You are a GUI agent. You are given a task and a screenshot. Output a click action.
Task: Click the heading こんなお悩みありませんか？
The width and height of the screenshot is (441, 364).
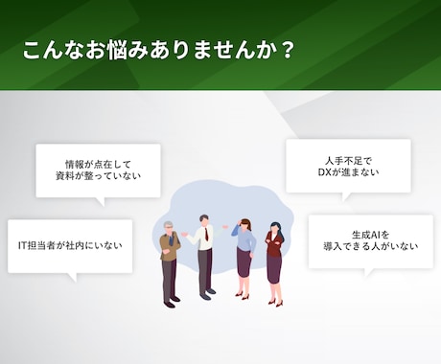pos(159,51)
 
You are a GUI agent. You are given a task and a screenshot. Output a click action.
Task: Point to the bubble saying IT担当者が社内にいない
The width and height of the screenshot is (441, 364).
pos(69,245)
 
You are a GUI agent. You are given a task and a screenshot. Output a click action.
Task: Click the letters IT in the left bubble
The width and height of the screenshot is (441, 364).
pos(24,245)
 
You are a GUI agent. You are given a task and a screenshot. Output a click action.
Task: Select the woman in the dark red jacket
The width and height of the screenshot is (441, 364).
pos(275,262)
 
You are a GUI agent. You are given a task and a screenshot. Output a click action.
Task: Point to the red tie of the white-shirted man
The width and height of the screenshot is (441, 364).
pos(203,239)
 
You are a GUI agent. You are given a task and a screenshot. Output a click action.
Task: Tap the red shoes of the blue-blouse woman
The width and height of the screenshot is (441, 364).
pos(244,296)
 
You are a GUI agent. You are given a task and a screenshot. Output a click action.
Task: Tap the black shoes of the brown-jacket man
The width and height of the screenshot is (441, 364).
pos(171,304)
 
